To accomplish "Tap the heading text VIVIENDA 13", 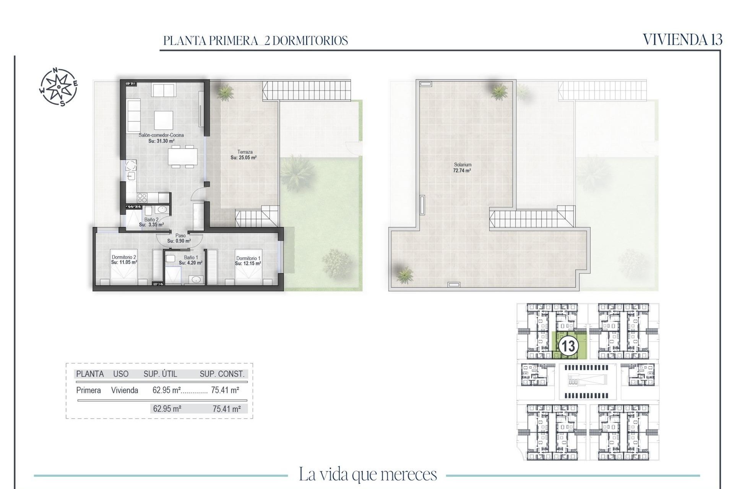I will click(x=682, y=40).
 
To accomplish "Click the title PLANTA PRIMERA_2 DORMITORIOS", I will click(x=255, y=40).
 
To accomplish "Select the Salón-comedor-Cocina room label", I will click(x=161, y=135).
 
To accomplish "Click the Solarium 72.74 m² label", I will click(x=462, y=168).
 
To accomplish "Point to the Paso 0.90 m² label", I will click(x=179, y=238).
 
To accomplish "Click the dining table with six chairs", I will click(x=183, y=156).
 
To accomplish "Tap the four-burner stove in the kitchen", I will click(x=142, y=198).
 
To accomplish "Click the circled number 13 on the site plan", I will click(x=568, y=347).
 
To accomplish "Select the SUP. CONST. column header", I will click(x=222, y=374).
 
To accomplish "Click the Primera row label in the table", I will click(x=88, y=390).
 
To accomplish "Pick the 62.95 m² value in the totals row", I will click(x=167, y=409).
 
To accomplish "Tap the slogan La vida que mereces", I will click(x=367, y=474).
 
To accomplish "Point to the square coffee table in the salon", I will click(x=163, y=120).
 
